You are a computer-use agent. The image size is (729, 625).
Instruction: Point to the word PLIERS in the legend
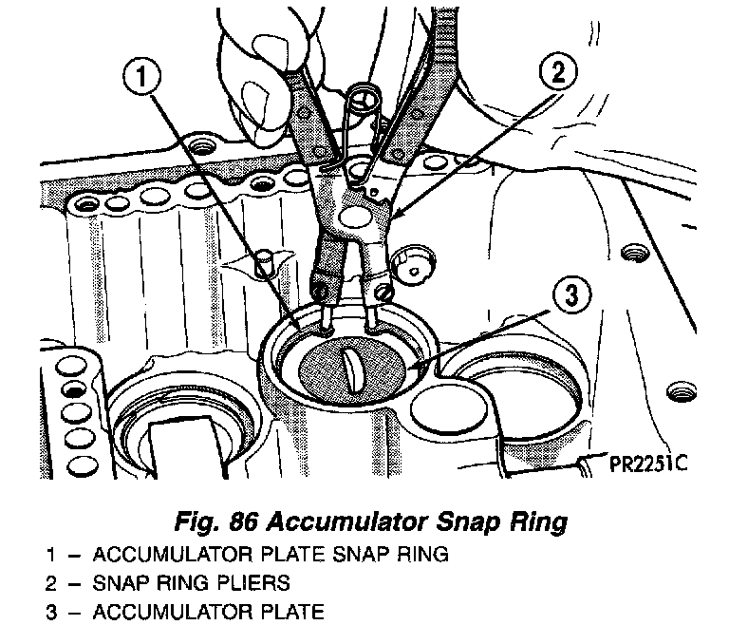coord(260,582)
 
